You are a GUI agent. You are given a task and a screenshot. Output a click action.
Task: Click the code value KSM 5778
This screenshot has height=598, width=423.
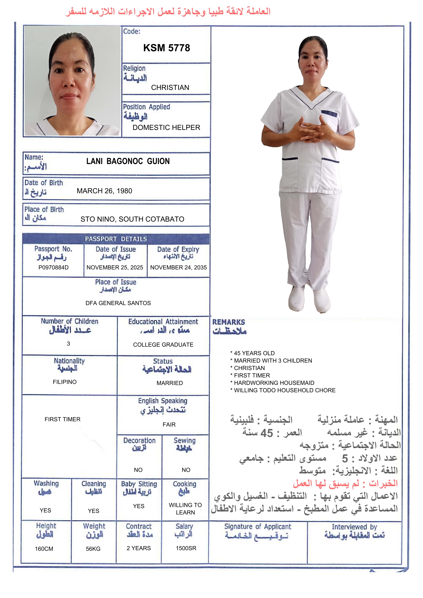point(167,48)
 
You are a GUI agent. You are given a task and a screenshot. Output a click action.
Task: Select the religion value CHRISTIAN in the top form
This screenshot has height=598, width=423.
point(170,87)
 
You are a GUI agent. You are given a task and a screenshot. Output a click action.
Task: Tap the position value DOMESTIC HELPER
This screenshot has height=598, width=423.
point(166,127)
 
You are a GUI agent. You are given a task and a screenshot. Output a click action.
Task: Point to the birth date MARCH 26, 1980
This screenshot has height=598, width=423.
point(104,191)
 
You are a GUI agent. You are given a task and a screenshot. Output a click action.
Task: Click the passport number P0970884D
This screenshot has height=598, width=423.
point(53,268)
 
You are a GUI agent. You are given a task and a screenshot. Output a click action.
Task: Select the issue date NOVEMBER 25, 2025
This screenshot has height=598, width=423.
point(115,268)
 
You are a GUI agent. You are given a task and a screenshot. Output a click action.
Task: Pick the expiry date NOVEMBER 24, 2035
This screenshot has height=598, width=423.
point(178,268)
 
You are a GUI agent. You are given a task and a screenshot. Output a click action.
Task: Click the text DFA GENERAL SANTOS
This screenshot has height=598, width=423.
point(118,303)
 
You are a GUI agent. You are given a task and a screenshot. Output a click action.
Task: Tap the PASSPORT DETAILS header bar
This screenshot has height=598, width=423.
point(116,239)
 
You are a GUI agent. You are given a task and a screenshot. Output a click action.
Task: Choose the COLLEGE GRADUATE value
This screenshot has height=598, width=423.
point(163,345)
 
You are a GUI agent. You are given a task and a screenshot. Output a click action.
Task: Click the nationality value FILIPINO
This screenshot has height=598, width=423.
point(65,382)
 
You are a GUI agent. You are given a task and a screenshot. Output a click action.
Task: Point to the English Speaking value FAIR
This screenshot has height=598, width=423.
point(169,425)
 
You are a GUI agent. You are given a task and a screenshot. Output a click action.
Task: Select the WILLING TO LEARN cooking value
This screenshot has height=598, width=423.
point(185,509)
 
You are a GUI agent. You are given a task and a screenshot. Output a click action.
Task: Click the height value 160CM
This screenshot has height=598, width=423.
point(44,549)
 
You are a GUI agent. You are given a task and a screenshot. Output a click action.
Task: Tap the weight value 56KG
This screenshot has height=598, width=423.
point(93,549)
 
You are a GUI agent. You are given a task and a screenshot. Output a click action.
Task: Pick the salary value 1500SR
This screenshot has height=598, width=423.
point(186,548)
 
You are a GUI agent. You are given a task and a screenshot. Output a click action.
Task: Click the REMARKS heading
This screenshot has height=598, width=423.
point(229,322)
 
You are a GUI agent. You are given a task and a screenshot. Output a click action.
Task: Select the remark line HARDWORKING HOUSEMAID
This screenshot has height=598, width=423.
point(274,383)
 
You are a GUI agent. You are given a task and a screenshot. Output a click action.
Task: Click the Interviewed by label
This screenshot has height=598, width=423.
point(354,527)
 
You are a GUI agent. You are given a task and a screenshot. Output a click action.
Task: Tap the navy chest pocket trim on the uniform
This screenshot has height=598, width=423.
point(329,113)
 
